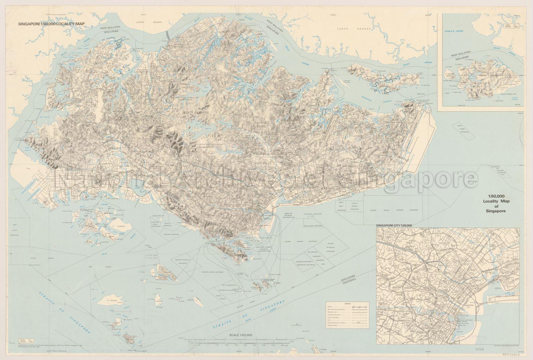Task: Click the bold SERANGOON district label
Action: coord(289,120)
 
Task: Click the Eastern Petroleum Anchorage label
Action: coord(331,247)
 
